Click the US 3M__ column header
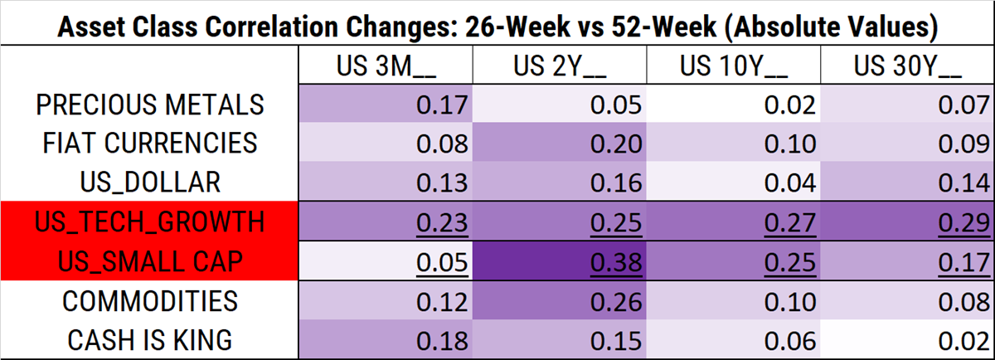(x=384, y=66)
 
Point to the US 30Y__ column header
(x=906, y=66)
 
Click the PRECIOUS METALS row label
(x=150, y=105)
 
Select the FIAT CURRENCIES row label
(x=150, y=143)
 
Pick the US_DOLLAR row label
(x=150, y=182)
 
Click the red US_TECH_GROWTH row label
(x=150, y=221)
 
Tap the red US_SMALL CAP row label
(x=150, y=260)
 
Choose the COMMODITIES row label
(x=150, y=300)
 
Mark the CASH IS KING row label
(x=150, y=339)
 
